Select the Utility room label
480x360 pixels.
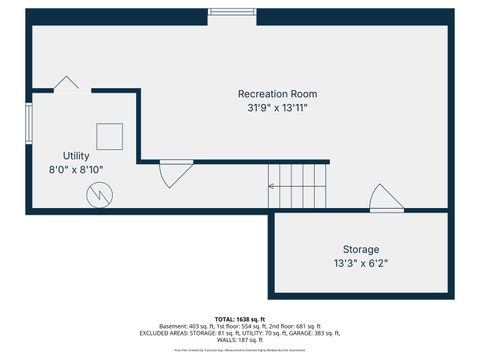coord(76,156)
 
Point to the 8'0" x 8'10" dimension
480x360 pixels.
coord(76,170)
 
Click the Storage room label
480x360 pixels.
coord(360,249)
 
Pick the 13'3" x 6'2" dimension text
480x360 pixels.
coord(360,263)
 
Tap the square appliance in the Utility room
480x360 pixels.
coord(110,136)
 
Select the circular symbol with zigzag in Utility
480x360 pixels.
coord(99,196)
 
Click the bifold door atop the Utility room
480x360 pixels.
coord(67,83)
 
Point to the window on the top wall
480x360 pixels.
coord(232,13)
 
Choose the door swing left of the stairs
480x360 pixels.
coord(176,174)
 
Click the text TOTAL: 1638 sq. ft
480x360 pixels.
coord(240,318)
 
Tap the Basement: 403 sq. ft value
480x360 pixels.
coord(175,326)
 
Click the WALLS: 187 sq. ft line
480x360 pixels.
coord(240,341)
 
